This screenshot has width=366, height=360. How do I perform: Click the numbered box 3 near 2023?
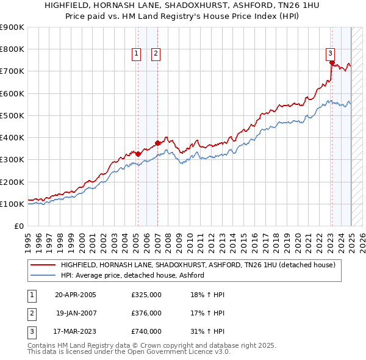(x=330, y=53)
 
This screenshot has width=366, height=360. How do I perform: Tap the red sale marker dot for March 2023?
(x=331, y=62)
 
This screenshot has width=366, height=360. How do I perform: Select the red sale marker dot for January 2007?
(x=157, y=143)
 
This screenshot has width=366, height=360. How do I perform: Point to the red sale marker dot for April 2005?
(x=138, y=154)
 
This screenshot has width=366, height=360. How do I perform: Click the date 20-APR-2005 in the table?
(x=76, y=295)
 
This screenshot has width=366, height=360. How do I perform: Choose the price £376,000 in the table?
(x=146, y=314)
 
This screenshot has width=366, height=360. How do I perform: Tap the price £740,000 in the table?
(x=146, y=332)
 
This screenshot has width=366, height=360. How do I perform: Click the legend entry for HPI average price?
(x=132, y=275)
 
